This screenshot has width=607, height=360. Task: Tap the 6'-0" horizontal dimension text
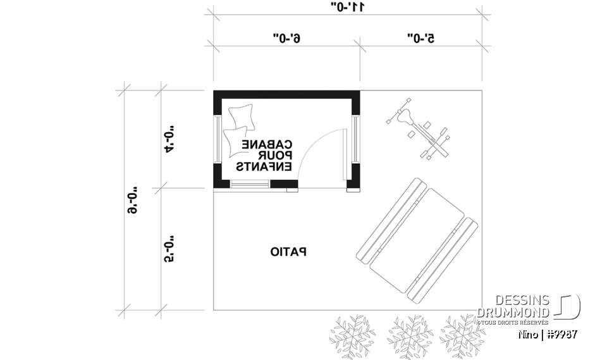(286, 39)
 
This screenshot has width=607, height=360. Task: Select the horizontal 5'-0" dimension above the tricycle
(421, 39)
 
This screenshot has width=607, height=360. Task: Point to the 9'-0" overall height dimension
(133, 200)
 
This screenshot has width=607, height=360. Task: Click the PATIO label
(288, 252)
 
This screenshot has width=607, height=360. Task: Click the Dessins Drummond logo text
(513, 307)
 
